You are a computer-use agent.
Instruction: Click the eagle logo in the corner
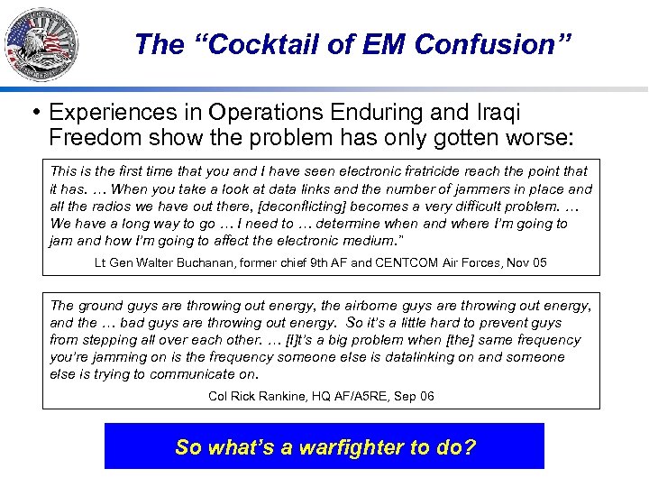pos(41,43)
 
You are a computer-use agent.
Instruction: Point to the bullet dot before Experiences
pos(35,112)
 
